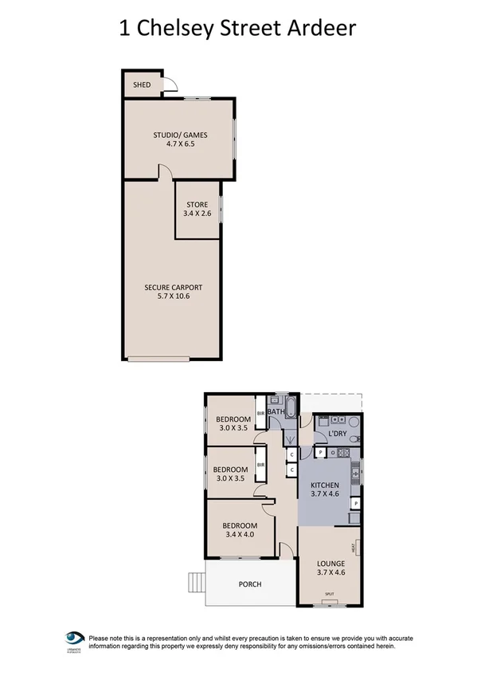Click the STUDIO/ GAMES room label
179,135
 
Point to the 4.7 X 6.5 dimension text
179,145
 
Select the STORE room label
197,205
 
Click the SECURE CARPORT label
173,287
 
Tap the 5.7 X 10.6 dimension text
173,297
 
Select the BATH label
276,412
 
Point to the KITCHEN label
325,485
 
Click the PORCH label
250,584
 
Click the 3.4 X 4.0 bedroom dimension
239,535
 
